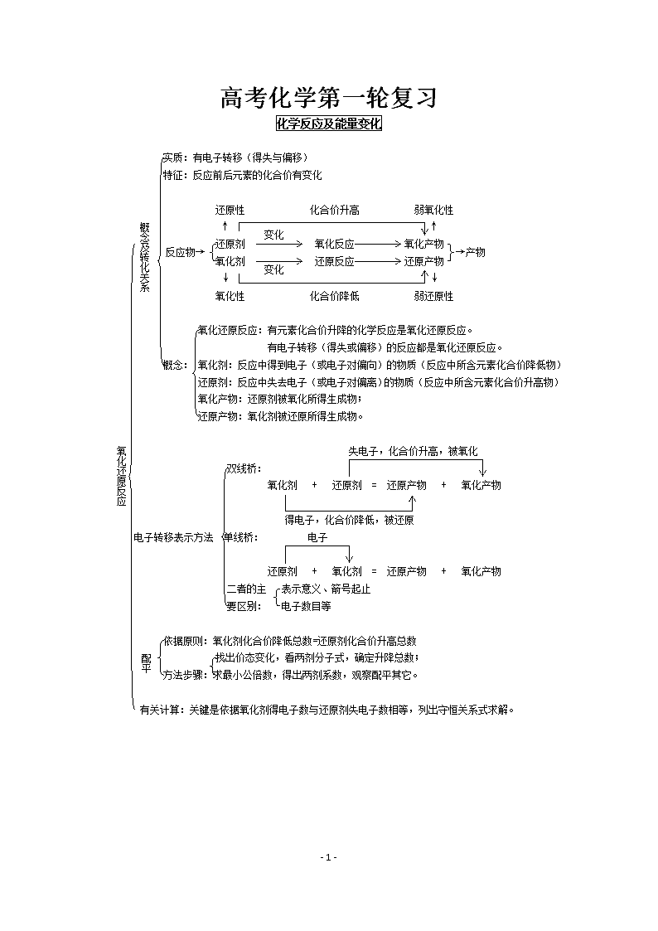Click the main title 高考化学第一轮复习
coord(329,98)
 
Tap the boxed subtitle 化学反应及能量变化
coord(329,124)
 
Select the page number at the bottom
coord(329,856)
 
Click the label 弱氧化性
coord(433,211)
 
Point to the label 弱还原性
coord(433,296)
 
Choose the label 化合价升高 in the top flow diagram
coord(335,211)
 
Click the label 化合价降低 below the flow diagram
coord(335,296)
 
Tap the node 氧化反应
coord(335,244)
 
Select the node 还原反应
coord(335,261)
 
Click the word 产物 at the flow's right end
coord(475,252)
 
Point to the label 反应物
coord(180,252)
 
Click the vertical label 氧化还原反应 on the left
coord(122,476)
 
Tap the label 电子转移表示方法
coord(173,537)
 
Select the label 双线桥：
coord(244,468)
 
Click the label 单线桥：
coord(240,537)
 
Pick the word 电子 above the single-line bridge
coord(317,537)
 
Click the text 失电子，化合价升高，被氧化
coord(413,451)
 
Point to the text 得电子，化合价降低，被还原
coord(349,520)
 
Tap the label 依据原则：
coord(186,641)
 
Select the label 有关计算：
coord(163,710)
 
